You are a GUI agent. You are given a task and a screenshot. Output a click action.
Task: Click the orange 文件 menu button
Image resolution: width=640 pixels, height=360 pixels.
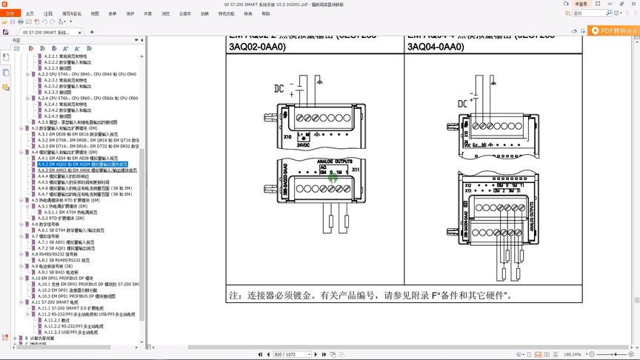point(10,13)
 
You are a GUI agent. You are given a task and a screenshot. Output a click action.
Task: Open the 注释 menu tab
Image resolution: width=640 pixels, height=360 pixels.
point(48,13)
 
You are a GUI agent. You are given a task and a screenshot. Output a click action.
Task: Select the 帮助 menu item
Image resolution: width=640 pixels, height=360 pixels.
point(265,13)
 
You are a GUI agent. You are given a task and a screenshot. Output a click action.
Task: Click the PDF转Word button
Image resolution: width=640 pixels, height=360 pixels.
point(613,30)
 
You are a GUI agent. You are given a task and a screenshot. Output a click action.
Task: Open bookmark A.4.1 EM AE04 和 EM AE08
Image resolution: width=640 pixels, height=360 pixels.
point(78,158)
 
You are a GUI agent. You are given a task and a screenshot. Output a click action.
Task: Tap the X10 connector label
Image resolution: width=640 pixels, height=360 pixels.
point(287,137)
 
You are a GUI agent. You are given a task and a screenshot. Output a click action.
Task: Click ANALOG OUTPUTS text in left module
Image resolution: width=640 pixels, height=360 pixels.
point(333,161)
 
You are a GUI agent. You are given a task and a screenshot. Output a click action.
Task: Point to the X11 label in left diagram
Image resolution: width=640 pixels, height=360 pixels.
point(356,170)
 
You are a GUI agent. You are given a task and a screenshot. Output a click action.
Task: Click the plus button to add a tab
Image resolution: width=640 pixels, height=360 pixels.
point(92,32)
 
